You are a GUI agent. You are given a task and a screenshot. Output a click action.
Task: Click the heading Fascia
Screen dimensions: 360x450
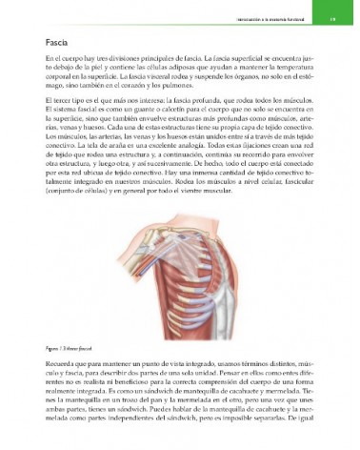coord(55,44)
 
